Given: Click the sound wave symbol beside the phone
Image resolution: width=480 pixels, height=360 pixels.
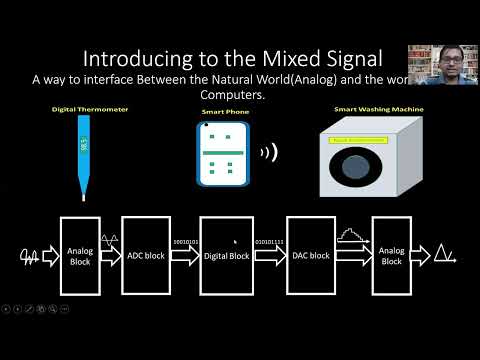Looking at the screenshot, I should click(x=268, y=153).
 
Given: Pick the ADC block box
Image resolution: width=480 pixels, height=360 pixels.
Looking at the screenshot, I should click(x=147, y=255).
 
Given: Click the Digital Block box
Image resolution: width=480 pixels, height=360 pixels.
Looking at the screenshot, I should click(x=226, y=255).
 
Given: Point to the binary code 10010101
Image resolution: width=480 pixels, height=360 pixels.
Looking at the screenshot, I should click(x=187, y=241).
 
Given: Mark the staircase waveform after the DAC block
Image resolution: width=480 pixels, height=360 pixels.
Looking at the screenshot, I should click(x=348, y=236).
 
